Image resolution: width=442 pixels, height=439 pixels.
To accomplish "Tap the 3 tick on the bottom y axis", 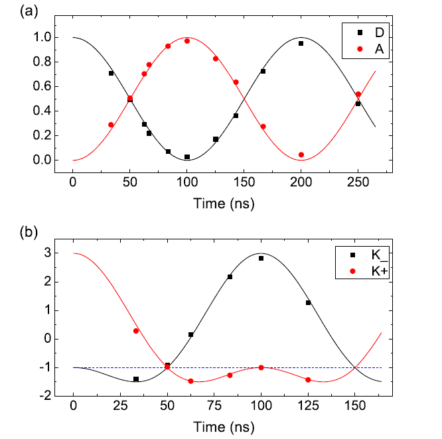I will coord(47,253).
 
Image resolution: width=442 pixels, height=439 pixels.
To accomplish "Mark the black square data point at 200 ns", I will coord(301,44).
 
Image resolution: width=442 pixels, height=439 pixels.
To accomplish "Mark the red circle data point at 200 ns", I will coord(301,155).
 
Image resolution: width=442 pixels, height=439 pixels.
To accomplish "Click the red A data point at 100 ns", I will coord(187,41).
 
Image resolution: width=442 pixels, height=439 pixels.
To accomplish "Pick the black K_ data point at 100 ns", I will coord(261,258).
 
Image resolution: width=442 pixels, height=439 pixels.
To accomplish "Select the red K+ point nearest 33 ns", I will coord(136,331).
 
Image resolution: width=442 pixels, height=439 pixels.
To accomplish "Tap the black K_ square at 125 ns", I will coord(308,302).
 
